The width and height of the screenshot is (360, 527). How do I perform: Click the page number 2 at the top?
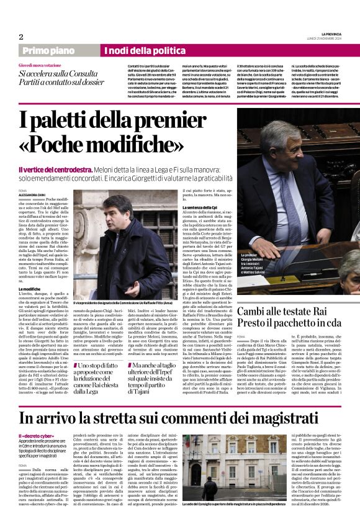pos(21,37)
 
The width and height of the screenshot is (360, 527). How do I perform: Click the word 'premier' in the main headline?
pos(181,119)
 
